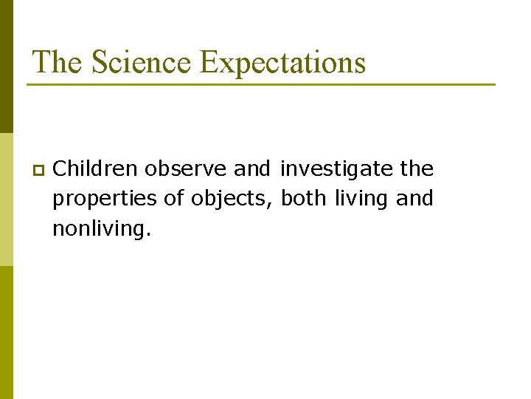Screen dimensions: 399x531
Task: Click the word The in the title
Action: click(x=58, y=62)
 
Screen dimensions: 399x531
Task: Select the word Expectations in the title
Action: click(x=282, y=62)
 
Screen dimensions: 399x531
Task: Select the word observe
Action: click(x=187, y=169)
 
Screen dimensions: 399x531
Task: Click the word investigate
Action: click(x=337, y=169)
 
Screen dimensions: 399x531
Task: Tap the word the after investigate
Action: click(x=417, y=169)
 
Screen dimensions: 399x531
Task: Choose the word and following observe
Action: click(x=252, y=169)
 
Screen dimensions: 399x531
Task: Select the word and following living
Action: click(x=415, y=199)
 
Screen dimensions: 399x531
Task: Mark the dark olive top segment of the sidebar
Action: click(x=6, y=66)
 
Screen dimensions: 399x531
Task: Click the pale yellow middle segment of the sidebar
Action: click(x=6, y=199)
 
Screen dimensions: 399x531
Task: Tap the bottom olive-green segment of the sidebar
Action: click(x=6, y=332)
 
